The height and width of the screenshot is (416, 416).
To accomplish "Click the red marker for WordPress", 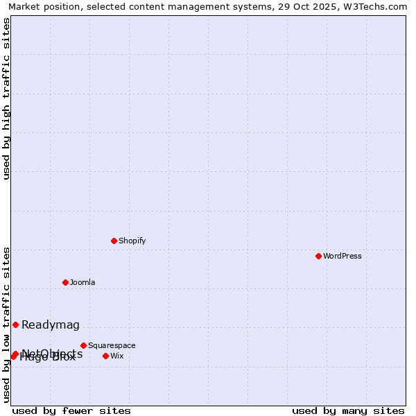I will pos(318,256).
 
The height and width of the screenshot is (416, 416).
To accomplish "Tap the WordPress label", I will pos(343,256).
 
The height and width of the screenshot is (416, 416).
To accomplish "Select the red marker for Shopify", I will pos(114,241).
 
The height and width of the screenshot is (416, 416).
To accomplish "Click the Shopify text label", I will pos(132,241).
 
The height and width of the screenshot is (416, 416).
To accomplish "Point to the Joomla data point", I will pos(65,282).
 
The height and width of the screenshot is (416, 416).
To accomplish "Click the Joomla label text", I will pos(83,282).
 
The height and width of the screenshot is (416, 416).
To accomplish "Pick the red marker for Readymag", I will pos(15,324).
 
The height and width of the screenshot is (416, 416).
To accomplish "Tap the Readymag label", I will pos(51,325).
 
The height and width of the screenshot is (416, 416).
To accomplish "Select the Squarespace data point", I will pos(83,345).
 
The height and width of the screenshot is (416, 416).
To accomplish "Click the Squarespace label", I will pos(112,345).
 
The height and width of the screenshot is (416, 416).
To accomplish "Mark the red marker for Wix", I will pos(105,356).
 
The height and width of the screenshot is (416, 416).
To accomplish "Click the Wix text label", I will pos(117,356).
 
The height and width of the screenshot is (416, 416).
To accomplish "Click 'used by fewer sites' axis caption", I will pos(71,410).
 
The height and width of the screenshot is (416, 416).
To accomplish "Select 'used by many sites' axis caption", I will pos(348,410).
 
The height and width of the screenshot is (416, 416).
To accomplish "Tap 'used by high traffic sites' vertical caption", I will pos(7,98).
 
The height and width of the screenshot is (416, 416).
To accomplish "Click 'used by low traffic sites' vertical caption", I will pos(7,324).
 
